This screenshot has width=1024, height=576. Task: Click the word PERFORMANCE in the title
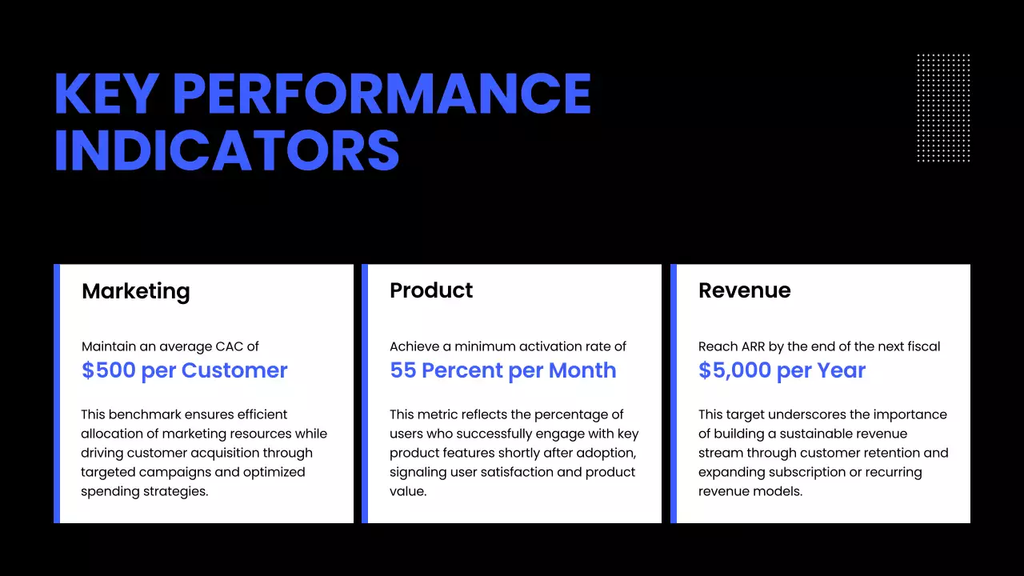(x=382, y=94)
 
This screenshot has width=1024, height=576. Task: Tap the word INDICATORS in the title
(x=226, y=150)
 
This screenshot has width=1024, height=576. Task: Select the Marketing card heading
(x=136, y=290)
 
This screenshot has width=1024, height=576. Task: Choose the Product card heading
(x=431, y=290)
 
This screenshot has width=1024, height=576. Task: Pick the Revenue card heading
(x=744, y=290)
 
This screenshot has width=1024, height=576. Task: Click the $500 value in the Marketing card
(x=108, y=370)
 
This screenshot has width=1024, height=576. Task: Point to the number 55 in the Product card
(x=403, y=370)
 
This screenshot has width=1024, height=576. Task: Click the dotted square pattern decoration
(x=943, y=108)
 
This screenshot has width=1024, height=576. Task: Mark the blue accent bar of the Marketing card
(x=57, y=394)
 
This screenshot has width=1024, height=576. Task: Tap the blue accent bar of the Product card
(x=365, y=394)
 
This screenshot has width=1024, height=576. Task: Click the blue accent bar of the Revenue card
(x=674, y=394)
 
